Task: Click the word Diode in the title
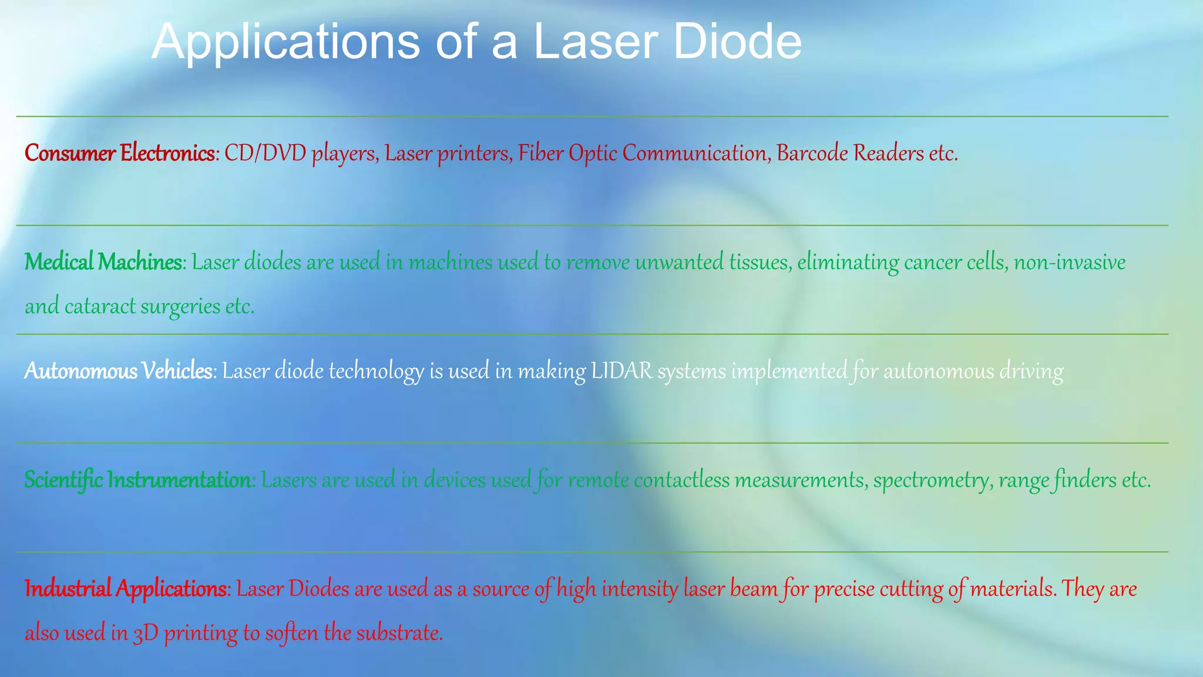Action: [x=737, y=42]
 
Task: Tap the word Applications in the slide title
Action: [x=285, y=42]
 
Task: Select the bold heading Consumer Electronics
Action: [x=119, y=153]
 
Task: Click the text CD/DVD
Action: [x=265, y=153]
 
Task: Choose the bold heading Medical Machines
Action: [x=103, y=262]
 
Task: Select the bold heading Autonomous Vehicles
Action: [x=118, y=371]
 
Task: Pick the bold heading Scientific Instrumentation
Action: [x=137, y=480]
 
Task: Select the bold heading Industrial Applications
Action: [x=126, y=589]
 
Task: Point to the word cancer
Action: [x=933, y=262]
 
